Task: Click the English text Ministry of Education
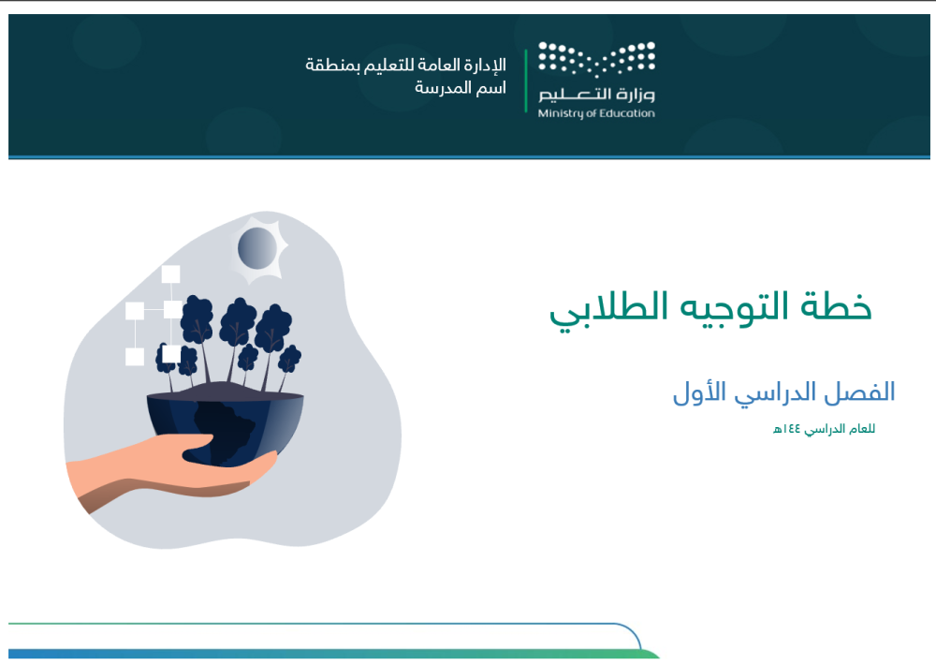point(596,114)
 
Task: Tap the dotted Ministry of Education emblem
point(596,61)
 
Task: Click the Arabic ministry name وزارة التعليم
point(596,95)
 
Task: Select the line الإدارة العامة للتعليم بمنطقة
point(405,66)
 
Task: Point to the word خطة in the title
point(838,307)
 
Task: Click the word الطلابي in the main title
point(600,309)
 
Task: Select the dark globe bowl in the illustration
point(225,426)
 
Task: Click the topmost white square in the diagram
point(170,274)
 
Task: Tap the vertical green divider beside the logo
point(525,81)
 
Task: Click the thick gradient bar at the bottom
point(328,654)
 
